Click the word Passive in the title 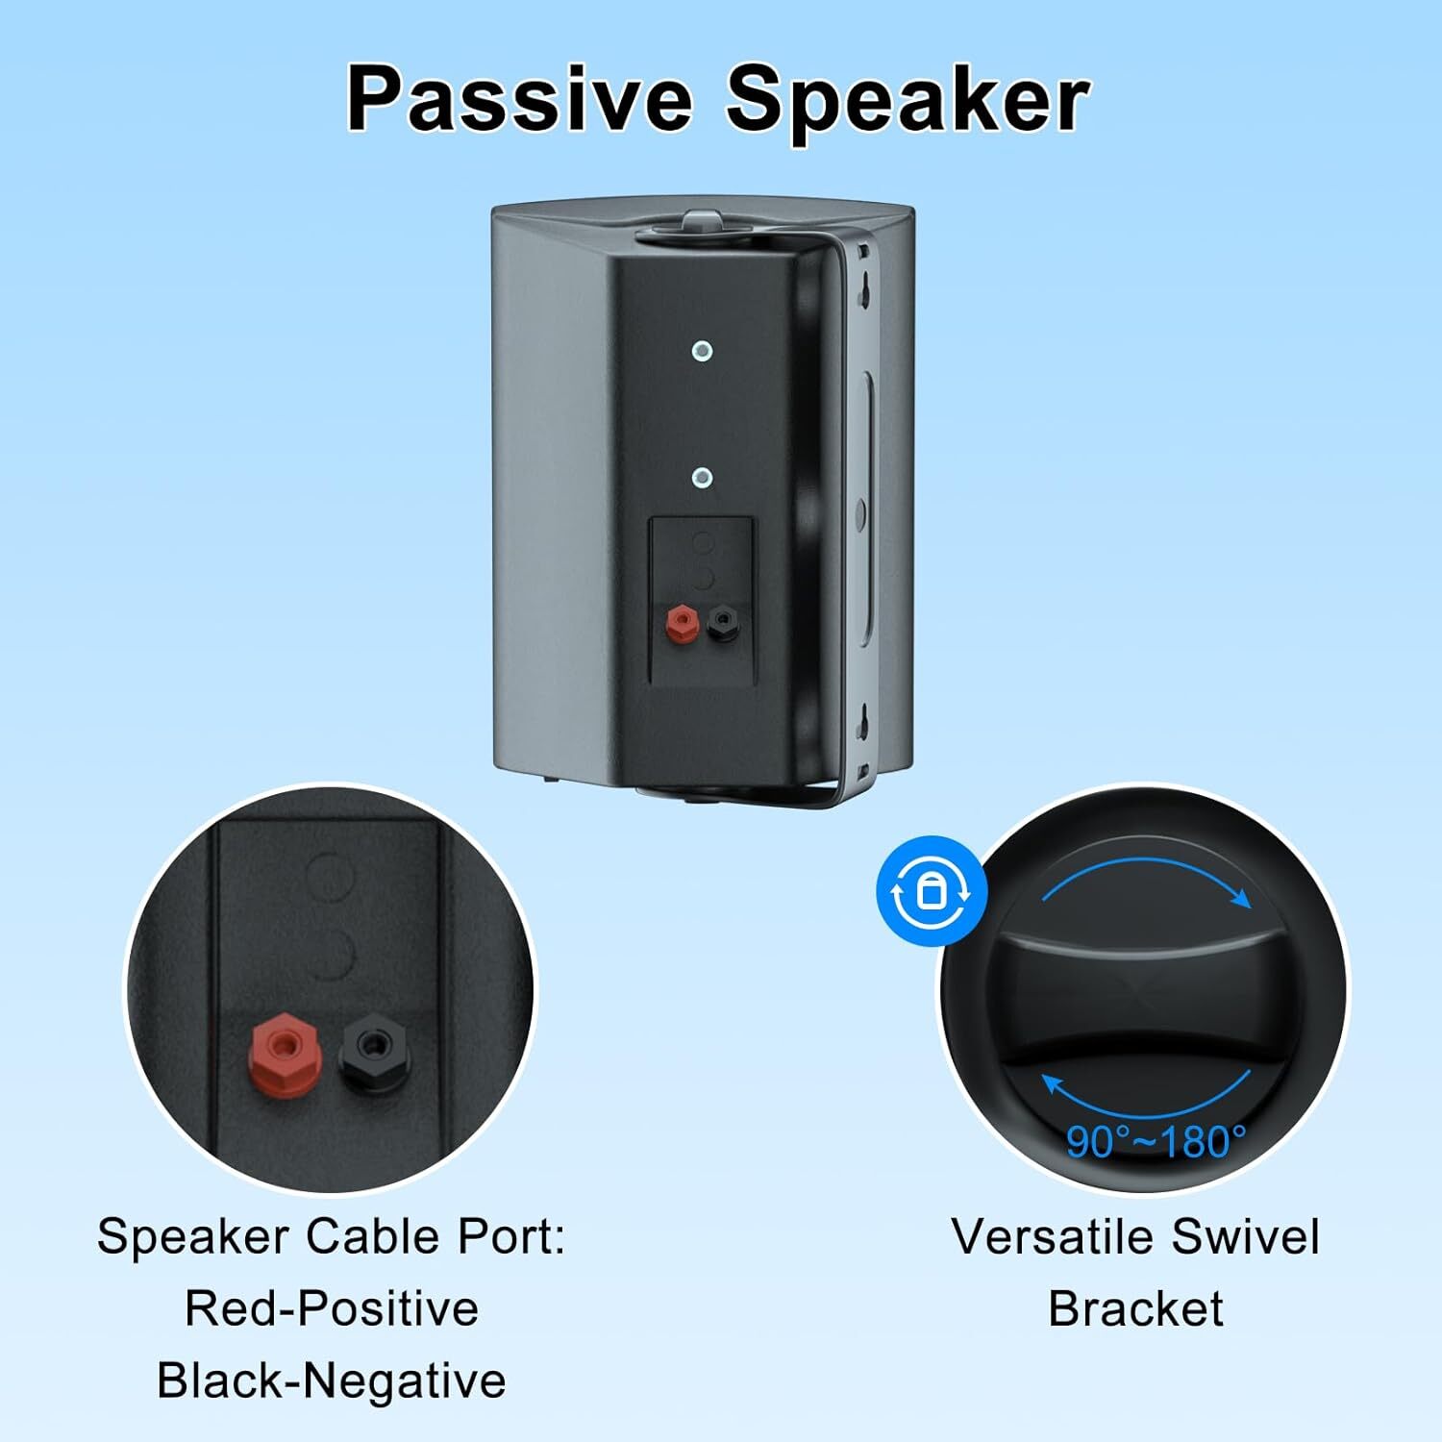pyautogui.click(x=520, y=99)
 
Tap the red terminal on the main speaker pyautogui.click(x=682, y=624)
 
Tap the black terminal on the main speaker pyautogui.click(x=723, y=624)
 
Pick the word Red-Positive pyautogui.click(x=332, y=1308)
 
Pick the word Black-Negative pyautogui.click(x=332, y=1381)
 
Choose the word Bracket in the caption pyautogui.click(x=1135, y=1308)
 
